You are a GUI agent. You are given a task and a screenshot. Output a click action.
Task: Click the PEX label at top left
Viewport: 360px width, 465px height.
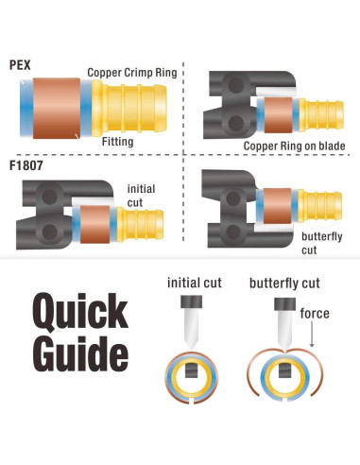[21, 64]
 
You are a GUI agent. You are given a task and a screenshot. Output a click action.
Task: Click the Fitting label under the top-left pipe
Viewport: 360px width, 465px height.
[121, 141]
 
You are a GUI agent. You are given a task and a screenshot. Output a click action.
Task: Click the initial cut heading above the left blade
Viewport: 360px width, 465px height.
[195, 283]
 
